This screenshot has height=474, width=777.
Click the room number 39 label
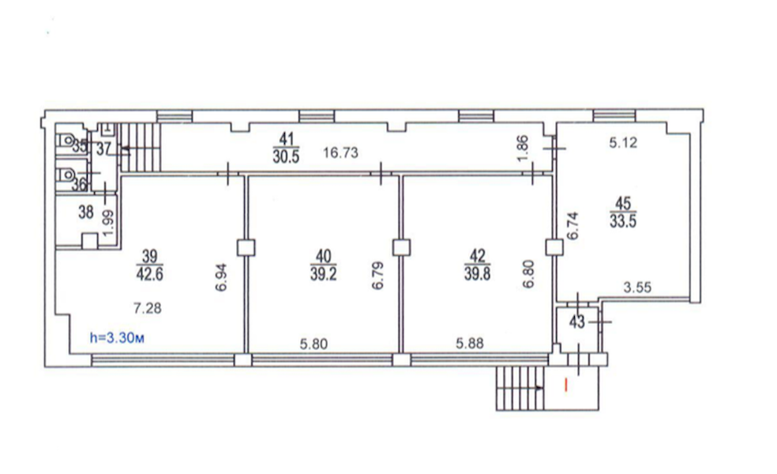149,256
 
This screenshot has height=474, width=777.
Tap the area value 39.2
323,273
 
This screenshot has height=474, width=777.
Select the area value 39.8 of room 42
477,273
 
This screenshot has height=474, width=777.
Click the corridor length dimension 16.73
340,152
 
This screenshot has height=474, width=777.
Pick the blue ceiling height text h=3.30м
117,338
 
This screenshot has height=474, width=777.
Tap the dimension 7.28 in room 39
147,308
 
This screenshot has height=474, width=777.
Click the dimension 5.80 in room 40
313,343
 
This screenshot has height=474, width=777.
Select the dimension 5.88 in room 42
469,343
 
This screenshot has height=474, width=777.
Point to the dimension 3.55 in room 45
636,287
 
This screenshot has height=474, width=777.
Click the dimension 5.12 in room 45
623,143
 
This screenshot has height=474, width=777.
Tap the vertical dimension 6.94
221,277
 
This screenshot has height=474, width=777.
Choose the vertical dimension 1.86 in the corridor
523,149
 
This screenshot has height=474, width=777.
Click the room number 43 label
576,322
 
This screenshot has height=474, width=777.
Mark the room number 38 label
86,213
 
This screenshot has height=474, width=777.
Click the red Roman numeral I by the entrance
566,385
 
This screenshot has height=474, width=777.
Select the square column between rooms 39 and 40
246,247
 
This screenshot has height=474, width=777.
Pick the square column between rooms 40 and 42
401,247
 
